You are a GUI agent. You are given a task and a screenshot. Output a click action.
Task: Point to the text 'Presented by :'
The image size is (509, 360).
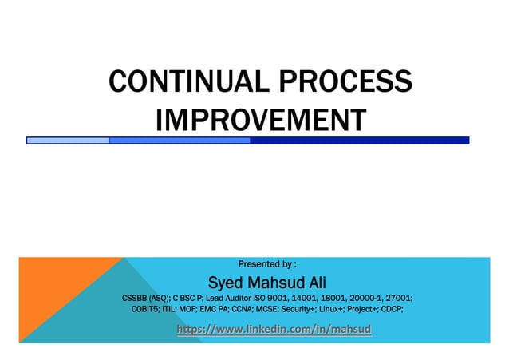[x=268, y=263]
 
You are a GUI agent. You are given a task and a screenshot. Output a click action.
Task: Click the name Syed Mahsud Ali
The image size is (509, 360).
[x=266, y=283]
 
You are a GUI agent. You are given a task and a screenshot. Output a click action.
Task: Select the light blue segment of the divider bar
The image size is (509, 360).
[x=68, y=140]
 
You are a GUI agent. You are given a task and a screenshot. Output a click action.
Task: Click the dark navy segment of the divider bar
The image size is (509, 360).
[x=359, y=140]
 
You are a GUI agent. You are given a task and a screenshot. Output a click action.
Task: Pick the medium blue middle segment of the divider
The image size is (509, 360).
[x=180, y=140]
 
